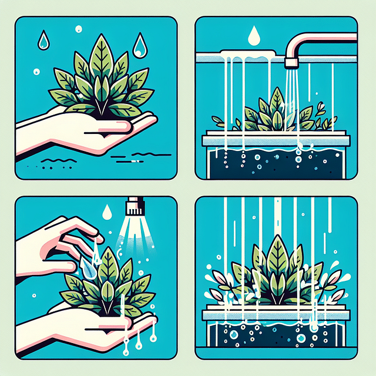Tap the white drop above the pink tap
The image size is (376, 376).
click(x=254, y=36)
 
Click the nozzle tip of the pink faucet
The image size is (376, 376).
click(x=289, y=62)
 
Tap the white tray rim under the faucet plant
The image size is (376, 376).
click(x=276, y=140)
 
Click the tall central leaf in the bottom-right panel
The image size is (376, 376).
click(x=276, y=258)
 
